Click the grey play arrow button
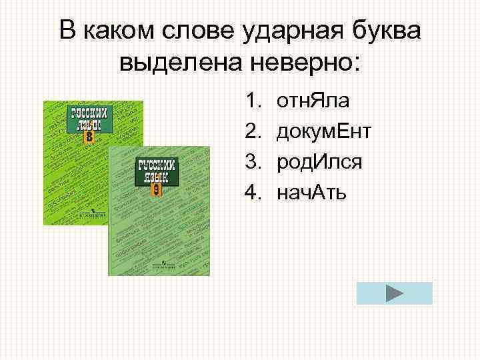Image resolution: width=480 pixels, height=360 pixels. coord(394,293)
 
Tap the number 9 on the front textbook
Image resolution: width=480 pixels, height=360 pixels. coord(155,189)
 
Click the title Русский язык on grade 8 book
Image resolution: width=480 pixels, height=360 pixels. coord(89,119)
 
